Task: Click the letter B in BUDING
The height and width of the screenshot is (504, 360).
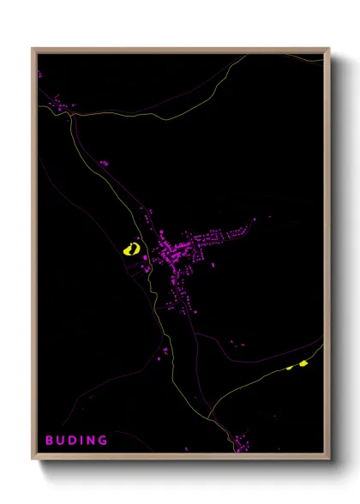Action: pos(50,441)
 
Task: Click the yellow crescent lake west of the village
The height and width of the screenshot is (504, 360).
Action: pos(131,249)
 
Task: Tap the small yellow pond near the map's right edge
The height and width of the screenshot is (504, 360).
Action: pos(302,364)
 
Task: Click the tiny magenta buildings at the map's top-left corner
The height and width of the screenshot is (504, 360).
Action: pos(39,75)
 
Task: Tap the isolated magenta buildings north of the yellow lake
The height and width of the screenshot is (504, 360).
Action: pos(103,162)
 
